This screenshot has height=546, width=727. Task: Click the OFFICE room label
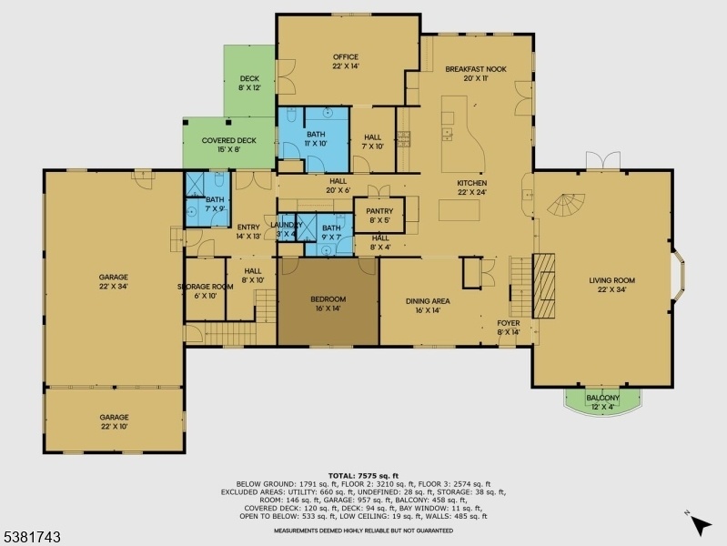[346, 57]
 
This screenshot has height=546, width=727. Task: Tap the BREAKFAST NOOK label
[476, 69]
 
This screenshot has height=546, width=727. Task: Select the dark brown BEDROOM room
[328, 301]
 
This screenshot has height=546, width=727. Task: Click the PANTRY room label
[379, 211]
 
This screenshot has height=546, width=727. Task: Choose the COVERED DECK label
[229, 140]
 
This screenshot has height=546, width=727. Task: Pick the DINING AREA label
[428, 301]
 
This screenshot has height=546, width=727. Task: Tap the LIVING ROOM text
[612, 280]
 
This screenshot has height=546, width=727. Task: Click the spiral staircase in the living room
[566, 205]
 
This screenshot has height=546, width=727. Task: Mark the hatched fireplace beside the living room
[543, 286]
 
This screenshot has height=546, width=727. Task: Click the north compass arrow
[701, 525]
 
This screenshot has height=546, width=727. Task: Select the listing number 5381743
[32, 537]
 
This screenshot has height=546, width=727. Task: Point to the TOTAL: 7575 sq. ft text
[364, 476]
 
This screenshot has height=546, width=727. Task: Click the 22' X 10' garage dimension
[115, 426]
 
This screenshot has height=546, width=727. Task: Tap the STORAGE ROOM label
[205, 287]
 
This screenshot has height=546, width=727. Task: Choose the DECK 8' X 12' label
[249, 83]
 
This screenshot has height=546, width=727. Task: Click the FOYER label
[508, 323]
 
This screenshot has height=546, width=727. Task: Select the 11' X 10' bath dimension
[316, 144]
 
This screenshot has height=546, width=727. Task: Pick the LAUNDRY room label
[286, 225]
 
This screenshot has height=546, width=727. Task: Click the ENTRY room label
[248, 227]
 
